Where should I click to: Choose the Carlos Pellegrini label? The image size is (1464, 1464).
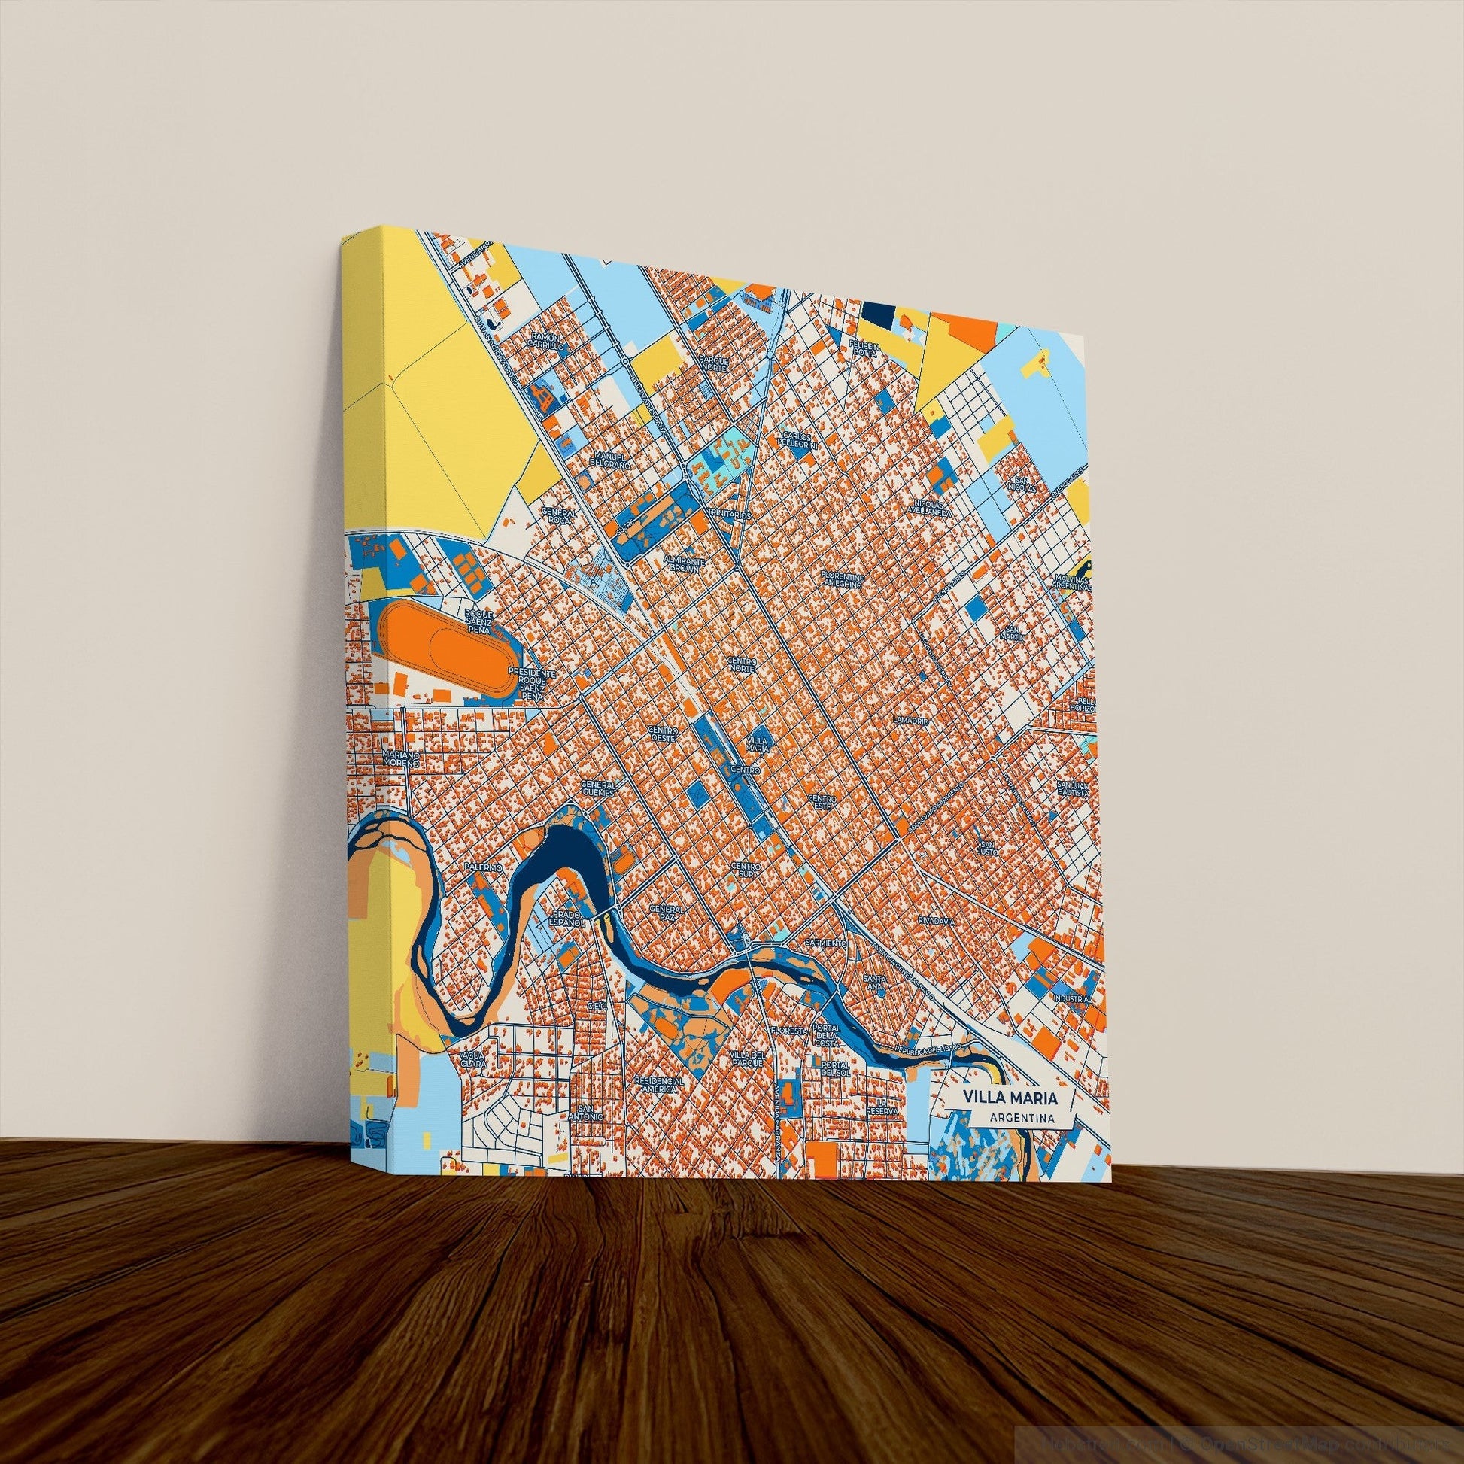[x=800, y=441]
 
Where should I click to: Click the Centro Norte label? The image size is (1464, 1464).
[x=743, y=666]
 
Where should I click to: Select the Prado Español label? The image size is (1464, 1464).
[x=566, y=920]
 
